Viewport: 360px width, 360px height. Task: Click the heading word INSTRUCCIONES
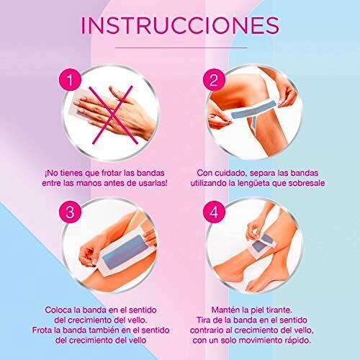180,25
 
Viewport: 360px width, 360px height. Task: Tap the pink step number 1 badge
70,79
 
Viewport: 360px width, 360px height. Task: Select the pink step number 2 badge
214,79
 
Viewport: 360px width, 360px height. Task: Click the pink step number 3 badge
70,212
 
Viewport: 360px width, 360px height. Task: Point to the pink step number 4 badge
214,212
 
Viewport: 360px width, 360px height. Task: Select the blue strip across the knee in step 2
253,109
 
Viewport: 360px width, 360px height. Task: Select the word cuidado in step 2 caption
230,173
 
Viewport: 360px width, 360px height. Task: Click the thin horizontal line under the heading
181,48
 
